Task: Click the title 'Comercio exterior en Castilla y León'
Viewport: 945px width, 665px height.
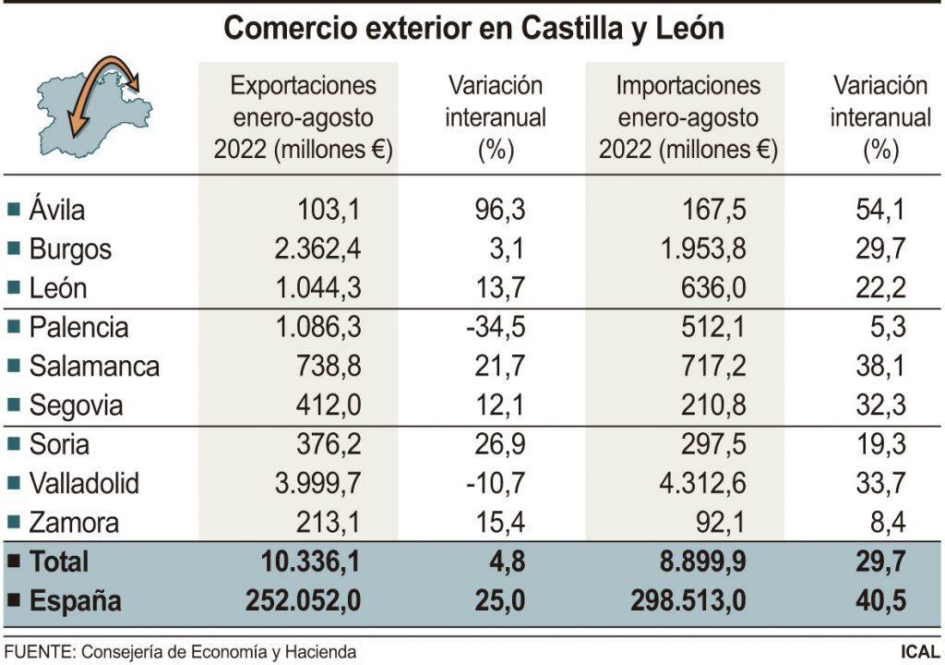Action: click(x=473, y=28)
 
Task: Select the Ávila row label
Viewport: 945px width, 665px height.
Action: click(x=56, y=210)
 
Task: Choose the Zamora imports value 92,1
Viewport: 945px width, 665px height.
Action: click(x=720, y=524)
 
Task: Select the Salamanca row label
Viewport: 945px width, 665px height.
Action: click(x=93, y=367)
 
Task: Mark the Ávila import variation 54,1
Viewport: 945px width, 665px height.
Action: click(x=879, y=210)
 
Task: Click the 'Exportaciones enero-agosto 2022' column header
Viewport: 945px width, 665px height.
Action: click(x=303, y=117)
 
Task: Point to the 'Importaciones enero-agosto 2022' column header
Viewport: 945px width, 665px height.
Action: click(x=688, y=117)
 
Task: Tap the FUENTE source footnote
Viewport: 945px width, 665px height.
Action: click(x=180, y=652)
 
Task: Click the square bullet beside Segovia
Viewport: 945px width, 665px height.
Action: click(x=13, y=405)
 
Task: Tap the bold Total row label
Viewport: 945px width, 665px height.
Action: click(x=59, y=562)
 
